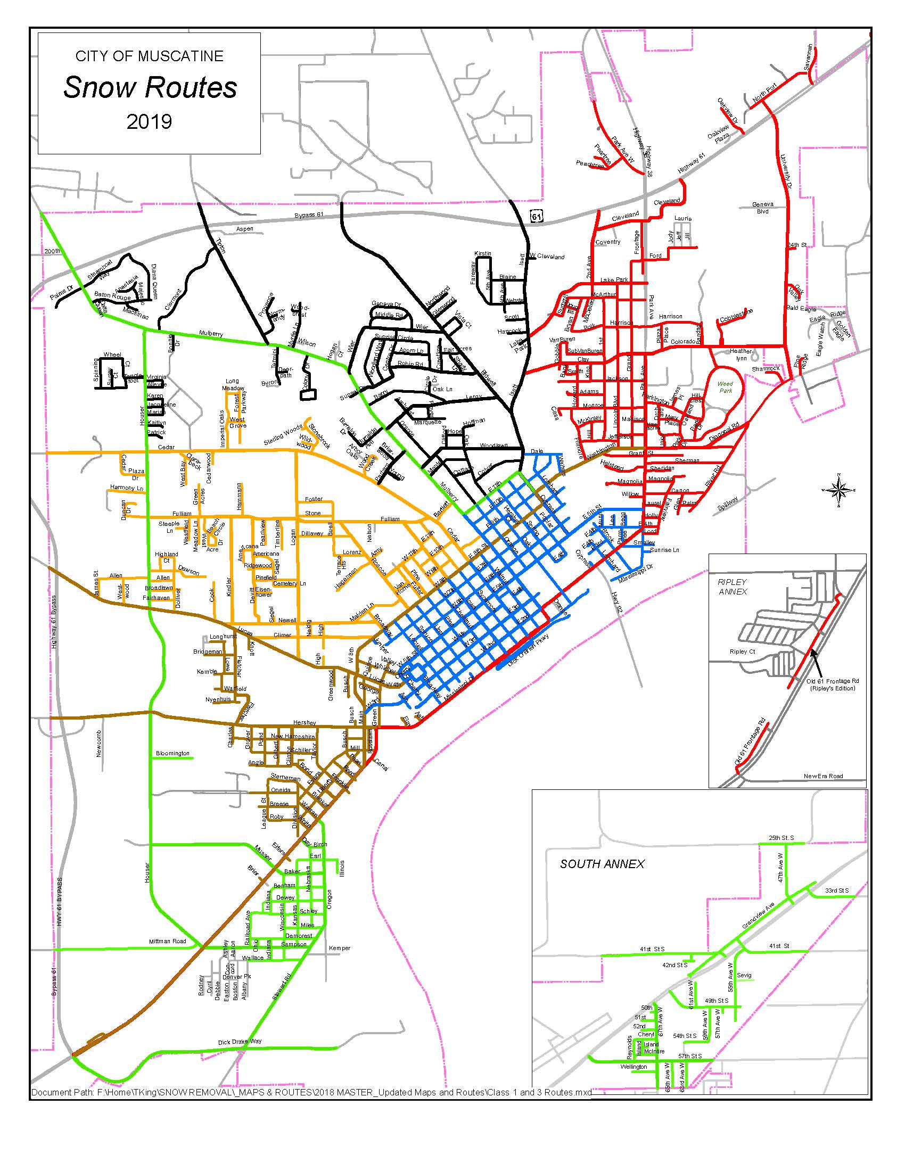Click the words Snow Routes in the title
pos(150,88)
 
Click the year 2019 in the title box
pos(149,122)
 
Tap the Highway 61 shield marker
pos(536,216)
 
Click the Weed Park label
pos(725,387)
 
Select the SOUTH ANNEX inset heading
pos(602,864)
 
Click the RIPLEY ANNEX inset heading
pos(732,587)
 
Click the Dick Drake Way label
pos(240,1042)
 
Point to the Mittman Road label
pos(167,941)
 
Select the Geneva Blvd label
pos(762,208)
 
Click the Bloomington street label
pos(172,753)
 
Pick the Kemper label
pos(340,948)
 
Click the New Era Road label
pos(823,776)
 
